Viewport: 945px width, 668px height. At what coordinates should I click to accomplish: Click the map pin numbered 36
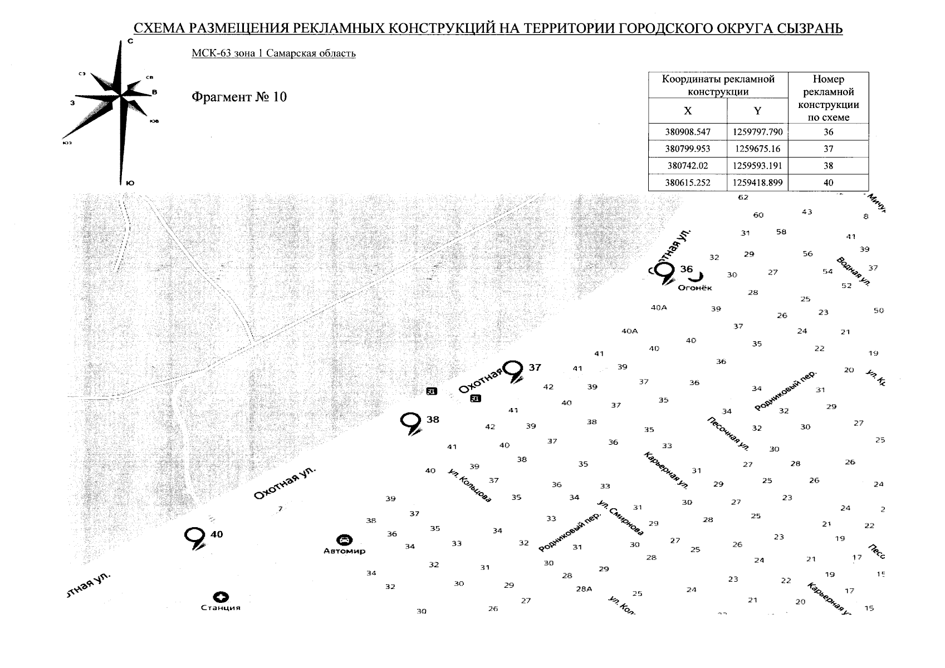(663, 272)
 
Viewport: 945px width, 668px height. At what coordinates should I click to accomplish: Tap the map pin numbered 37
(513, 370)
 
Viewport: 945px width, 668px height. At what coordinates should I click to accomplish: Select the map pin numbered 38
(411, 422)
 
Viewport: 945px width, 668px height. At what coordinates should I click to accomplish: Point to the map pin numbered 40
(194, 537)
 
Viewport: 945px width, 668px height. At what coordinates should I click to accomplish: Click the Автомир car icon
(345, 540)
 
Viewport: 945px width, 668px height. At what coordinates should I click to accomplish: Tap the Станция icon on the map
(221, 597)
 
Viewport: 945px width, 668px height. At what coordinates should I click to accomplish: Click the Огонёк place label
(694, 288)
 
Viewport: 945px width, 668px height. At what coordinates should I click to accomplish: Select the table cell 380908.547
(688, 132)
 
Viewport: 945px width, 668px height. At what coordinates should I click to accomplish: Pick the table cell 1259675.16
(757, 149)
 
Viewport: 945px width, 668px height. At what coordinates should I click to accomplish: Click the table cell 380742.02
(688, 166)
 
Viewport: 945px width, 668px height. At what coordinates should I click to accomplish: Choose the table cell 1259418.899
(757, 183)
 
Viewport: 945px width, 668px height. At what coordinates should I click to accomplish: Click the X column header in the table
(688, 111)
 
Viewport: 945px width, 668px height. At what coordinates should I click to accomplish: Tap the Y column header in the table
(757, 111)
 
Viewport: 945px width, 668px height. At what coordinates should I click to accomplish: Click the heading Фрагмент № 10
(239, 97)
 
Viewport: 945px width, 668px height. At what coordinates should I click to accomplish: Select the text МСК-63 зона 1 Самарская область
(273, 53)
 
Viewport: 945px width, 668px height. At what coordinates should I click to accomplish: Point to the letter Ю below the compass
(130, 183)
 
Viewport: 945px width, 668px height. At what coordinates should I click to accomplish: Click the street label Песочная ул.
(728, 433)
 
